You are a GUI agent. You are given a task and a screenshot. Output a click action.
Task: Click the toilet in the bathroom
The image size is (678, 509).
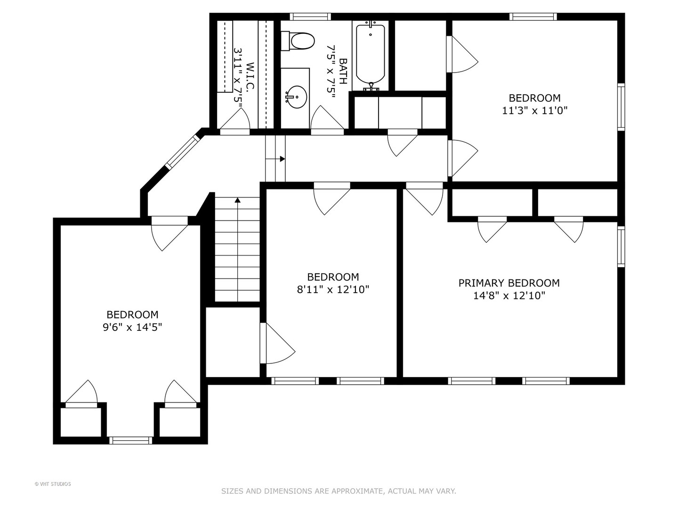(298, 41)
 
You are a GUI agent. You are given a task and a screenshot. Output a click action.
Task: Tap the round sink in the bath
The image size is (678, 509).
(296, 97)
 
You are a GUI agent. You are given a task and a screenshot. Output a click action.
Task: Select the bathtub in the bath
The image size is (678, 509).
(371, 55)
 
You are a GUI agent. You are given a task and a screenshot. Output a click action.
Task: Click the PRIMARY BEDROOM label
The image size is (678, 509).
(509, 283)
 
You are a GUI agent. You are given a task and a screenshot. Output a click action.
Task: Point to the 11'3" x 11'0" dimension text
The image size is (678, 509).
(535, 111)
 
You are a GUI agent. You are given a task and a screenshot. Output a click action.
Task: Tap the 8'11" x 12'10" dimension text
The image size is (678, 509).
(333, 289)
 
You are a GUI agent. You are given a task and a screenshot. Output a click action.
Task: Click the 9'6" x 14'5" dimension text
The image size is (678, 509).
(132, 327)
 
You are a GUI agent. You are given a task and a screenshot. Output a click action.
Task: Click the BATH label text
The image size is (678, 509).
(343, 71)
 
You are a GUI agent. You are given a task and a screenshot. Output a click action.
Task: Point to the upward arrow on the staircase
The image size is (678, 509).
(238, 200)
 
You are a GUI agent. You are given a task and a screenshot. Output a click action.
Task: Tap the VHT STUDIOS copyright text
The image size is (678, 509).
(53, 484)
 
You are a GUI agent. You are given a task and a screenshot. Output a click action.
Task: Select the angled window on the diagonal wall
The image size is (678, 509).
(183, 152)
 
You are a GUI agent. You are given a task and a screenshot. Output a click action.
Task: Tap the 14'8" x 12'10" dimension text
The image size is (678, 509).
(509, 296)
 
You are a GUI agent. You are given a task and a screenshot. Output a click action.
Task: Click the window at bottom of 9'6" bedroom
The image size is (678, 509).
(131, 440)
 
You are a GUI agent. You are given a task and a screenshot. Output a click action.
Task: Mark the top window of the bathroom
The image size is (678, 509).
(309, 17)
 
